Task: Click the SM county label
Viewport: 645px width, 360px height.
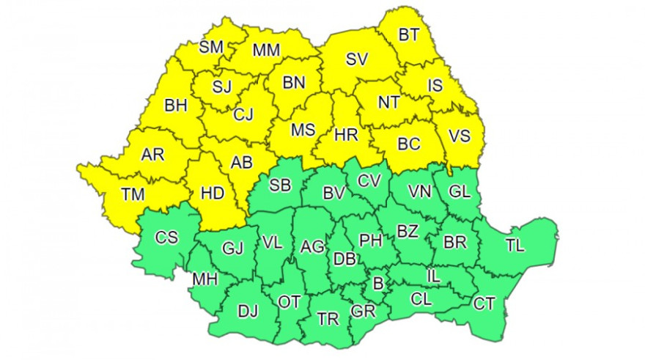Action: point(211,48)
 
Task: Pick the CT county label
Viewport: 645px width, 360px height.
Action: point(484,303)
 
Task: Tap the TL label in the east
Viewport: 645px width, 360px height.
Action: point(515,246)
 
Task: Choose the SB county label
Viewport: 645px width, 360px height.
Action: point(280,185)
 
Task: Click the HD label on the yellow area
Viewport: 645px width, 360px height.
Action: point(212,194)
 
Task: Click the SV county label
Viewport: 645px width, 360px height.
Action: point(357,59)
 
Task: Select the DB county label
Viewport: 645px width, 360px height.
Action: point(345,259)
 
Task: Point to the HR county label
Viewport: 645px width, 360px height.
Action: point(345,135)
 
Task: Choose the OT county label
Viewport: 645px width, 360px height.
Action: point(290,301)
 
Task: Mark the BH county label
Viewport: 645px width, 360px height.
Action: point(175,106)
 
